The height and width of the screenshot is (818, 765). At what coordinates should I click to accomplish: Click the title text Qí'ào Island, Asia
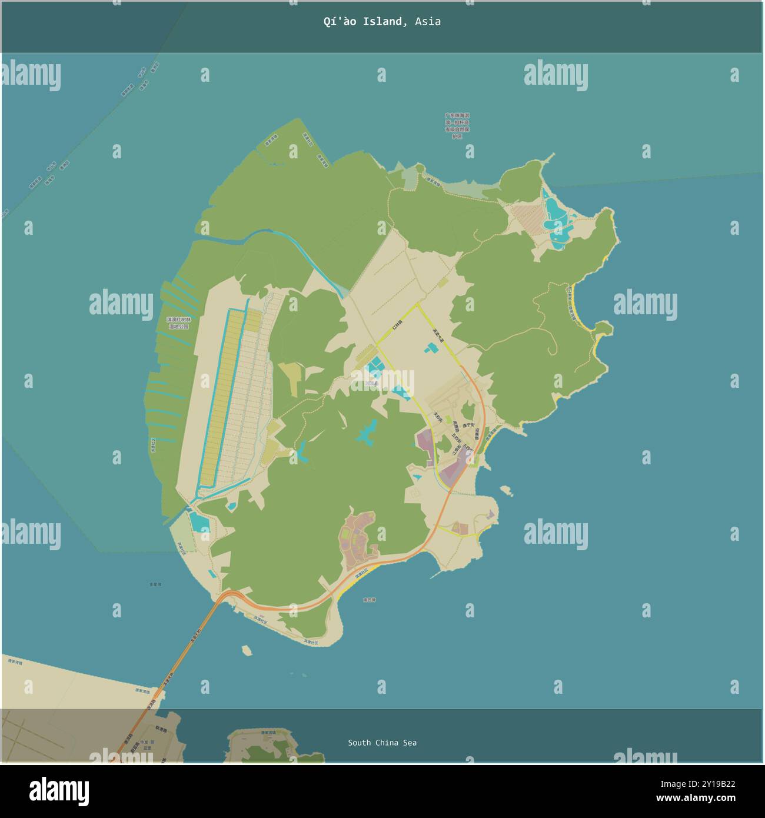point(382,22)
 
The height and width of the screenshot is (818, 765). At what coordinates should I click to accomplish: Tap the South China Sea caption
point(382,743)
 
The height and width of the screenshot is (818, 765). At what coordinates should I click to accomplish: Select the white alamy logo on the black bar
point(59,792)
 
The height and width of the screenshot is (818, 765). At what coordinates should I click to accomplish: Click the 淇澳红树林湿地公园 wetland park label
point(179,322)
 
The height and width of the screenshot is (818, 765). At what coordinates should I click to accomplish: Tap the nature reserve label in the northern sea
point(457,126)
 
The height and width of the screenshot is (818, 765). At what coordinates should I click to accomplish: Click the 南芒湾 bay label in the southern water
point(369,600)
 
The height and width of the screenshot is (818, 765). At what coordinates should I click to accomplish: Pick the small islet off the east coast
point(505,489)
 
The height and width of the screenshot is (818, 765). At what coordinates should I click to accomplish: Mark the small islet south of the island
point(247,650)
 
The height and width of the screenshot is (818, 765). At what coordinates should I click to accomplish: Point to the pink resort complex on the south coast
point(358,538)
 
